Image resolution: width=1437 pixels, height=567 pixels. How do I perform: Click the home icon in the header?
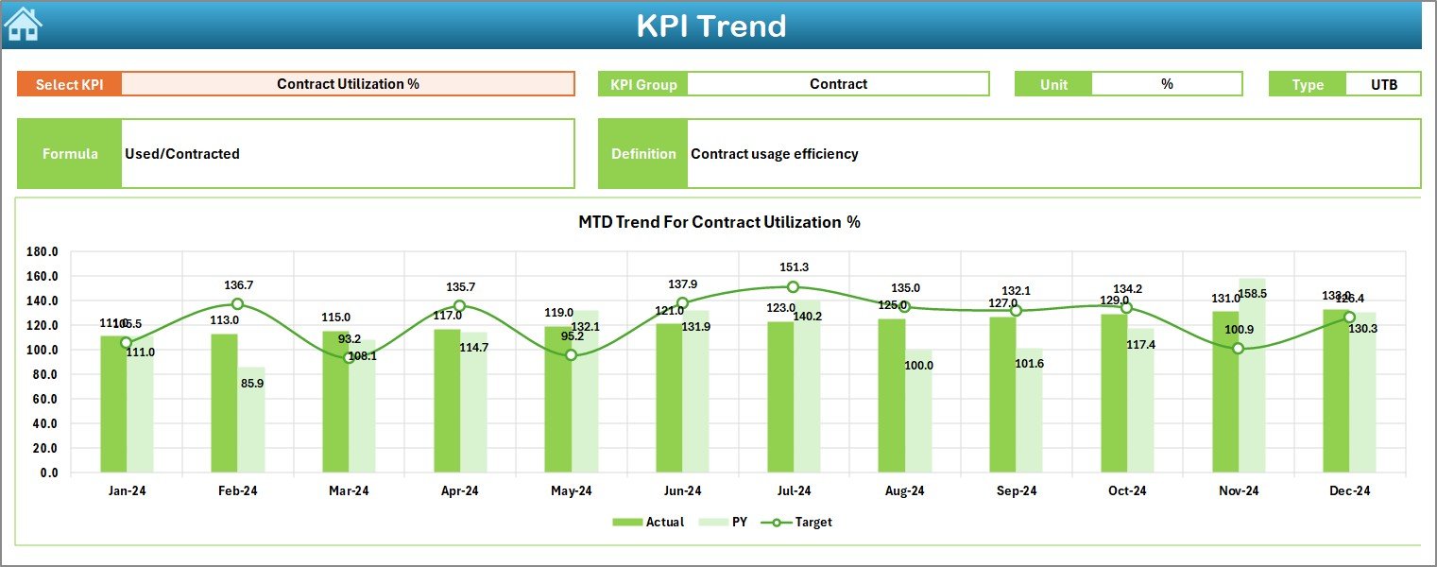tap(23, 25)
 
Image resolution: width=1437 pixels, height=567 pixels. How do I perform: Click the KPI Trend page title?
tap(710, 26)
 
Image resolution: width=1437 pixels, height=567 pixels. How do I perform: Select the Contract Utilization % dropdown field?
tap(348, 84)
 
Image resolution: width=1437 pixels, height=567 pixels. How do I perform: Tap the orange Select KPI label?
tap(69, 84)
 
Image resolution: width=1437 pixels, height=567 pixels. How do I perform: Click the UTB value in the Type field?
tap(1383, 84)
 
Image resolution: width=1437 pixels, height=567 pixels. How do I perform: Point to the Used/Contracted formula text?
tap(181, 154)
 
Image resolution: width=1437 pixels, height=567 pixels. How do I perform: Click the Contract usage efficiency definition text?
tap(774, 154)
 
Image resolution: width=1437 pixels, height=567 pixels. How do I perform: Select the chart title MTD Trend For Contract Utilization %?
tap(719, 222)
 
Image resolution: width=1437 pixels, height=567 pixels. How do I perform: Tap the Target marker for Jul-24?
tap(793, 287)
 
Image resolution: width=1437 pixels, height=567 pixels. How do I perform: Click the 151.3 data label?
tap(793, 267)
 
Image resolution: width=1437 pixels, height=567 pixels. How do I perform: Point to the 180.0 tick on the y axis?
tap(42, 252)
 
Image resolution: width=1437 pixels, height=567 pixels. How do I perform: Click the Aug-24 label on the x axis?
tap(904, 491)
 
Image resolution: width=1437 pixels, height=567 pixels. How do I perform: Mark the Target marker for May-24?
tap(571, 355)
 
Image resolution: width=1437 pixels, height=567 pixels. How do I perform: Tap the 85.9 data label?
tap(251, 383)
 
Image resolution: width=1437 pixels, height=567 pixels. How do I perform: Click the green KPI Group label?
tap(643, 84)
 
